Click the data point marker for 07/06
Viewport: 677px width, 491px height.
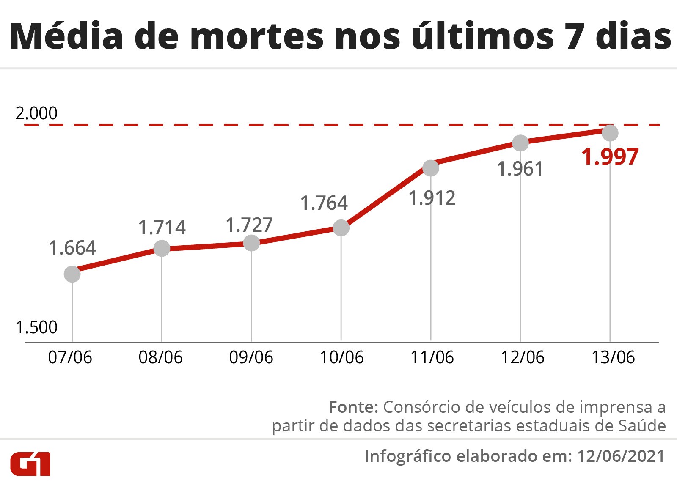(72, 274)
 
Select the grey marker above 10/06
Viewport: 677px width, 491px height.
(341, 228)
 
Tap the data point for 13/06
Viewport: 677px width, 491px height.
(610, 133)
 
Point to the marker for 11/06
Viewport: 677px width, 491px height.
(431, 168)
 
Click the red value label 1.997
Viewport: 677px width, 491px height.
(610, 157)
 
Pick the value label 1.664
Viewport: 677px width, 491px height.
(72, 248)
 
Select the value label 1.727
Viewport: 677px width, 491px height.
(249, 225)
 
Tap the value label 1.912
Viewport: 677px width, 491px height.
(432, 198)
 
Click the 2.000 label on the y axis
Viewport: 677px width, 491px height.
(36, 113)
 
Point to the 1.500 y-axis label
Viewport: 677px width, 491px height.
(36, 327)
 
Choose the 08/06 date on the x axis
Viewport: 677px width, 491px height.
(160, 358)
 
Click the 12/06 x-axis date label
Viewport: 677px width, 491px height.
(523, 358)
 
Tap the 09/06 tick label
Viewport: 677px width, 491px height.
(251, 358)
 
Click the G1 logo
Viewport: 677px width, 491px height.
(30, 464)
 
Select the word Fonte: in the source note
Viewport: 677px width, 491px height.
(353, 407)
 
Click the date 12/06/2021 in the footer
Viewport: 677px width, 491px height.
(621, 456)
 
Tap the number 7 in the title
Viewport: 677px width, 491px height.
(575, 36)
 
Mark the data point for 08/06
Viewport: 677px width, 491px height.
(162, 248)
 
